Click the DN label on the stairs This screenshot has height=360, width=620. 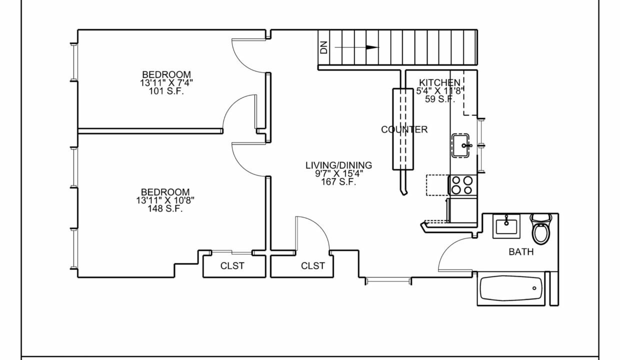click(x=323, y=47)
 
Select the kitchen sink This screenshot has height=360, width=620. click(x=461, y=145)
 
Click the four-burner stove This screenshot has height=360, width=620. click(x=462, y=185)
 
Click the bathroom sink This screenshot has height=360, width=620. click(x=506, y=226)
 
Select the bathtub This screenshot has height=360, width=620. click(x=511, y=288)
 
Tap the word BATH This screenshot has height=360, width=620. click(x=521, y=252)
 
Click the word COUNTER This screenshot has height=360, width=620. click(x=404, y=129)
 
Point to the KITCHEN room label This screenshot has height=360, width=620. click(x=439, y=82)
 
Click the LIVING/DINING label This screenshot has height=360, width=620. click(x=338, y=165)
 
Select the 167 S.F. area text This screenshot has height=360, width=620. click(x=338, y=182)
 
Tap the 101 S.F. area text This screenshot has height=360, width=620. click(x=166, y=91)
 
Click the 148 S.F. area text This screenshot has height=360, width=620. click(x=165, y=208)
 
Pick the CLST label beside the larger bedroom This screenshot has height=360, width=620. click(x=232, y=266)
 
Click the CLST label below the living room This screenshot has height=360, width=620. click(x=313, y=266)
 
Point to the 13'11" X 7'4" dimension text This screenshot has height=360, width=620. click(x=166, y=82)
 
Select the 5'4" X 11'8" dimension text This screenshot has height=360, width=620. click(x=439, y=91)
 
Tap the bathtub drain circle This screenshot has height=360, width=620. click(x=534, y=288)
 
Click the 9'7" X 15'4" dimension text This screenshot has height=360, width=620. click(x=338, y=173)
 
